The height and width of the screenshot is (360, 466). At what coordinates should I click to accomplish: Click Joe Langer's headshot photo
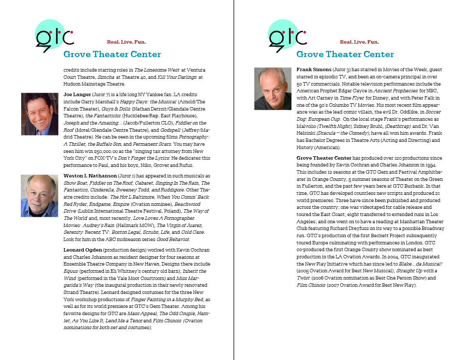pos(39,114)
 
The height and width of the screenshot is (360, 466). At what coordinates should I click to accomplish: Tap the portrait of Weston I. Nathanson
pos(39,196)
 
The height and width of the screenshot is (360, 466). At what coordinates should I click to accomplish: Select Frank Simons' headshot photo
pos(272,89)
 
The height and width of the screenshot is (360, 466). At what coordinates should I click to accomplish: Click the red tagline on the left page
pos(126,42)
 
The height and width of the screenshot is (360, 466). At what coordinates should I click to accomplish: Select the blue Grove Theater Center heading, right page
pos(345,54)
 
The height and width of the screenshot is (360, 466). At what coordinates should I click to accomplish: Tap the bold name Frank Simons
pos(314,69)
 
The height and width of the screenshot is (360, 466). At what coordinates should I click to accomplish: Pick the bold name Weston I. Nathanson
pos(90,176)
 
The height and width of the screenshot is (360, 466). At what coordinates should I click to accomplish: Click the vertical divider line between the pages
pos(234,180)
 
